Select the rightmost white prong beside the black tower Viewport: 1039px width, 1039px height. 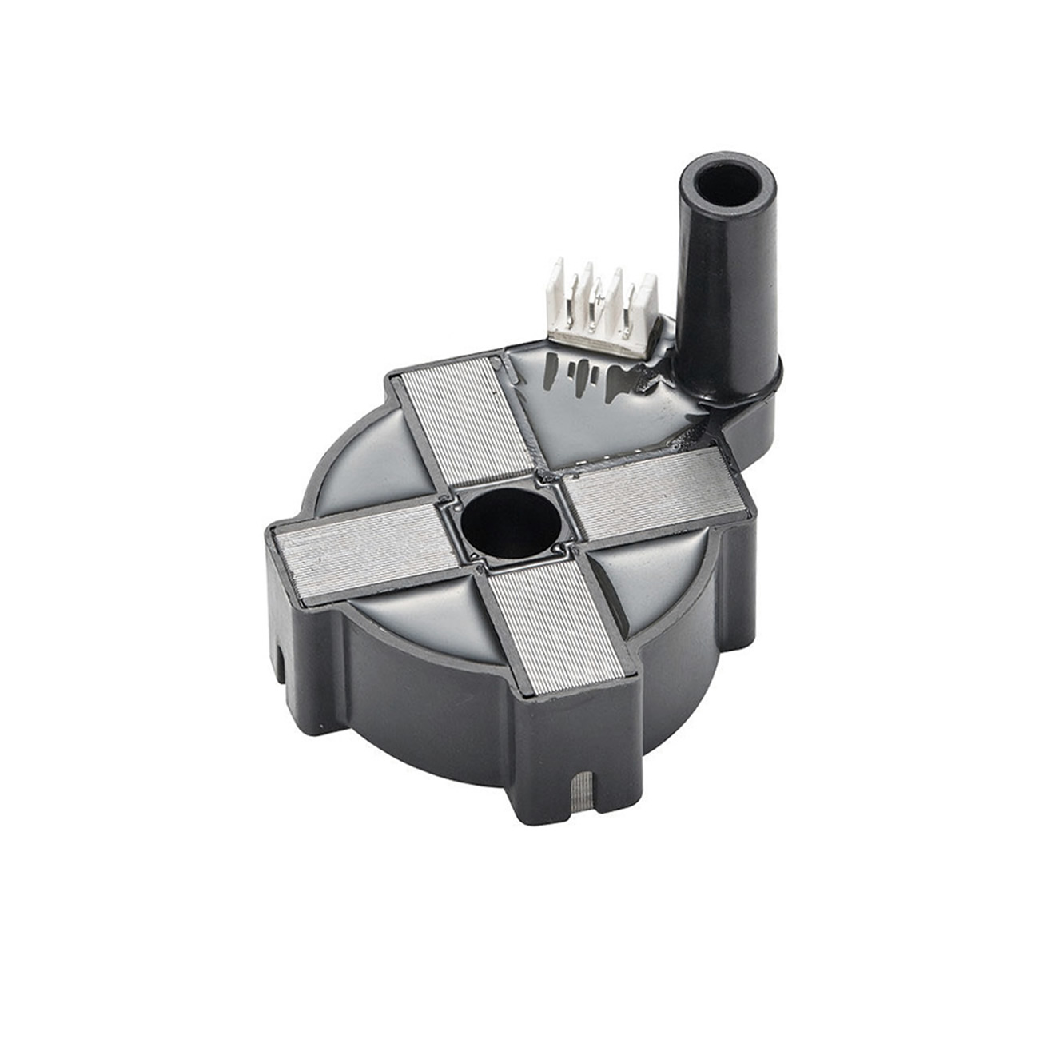(647, 308)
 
